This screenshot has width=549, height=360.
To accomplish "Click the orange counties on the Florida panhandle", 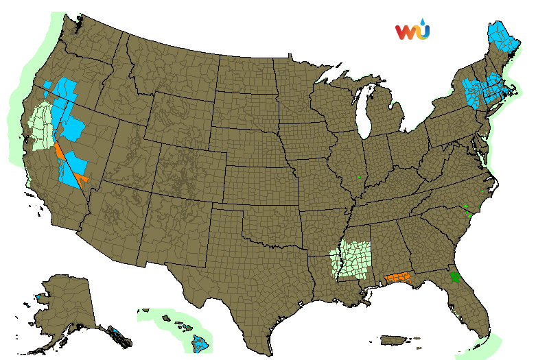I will [400, 278].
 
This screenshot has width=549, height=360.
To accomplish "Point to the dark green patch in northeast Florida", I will [454, 278].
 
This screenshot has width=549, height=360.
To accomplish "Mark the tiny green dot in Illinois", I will [359, 178].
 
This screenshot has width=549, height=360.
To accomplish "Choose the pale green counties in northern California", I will [43, 123].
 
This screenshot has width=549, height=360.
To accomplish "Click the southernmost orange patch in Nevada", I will [83, 180].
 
